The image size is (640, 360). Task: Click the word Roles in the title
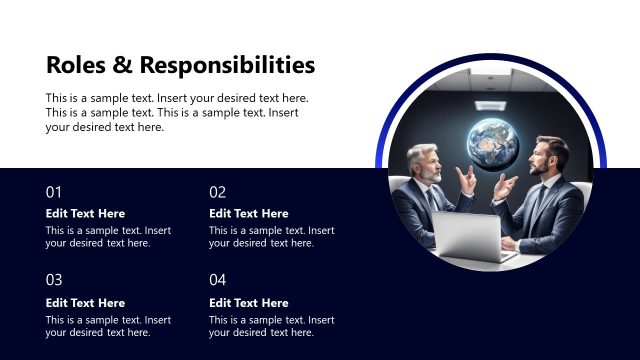74,66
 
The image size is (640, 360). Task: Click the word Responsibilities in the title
227,66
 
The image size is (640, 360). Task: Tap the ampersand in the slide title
120,66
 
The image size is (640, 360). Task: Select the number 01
54,192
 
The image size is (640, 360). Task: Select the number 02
217,192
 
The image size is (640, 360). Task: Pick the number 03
54,280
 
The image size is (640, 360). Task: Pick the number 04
217,280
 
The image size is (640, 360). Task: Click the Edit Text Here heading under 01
85,213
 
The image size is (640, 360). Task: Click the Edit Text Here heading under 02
248,213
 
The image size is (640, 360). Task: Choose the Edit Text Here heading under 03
85,303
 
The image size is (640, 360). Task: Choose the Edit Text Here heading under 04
248,303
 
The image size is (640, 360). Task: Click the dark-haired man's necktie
538,204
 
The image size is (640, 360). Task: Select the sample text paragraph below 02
271,236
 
